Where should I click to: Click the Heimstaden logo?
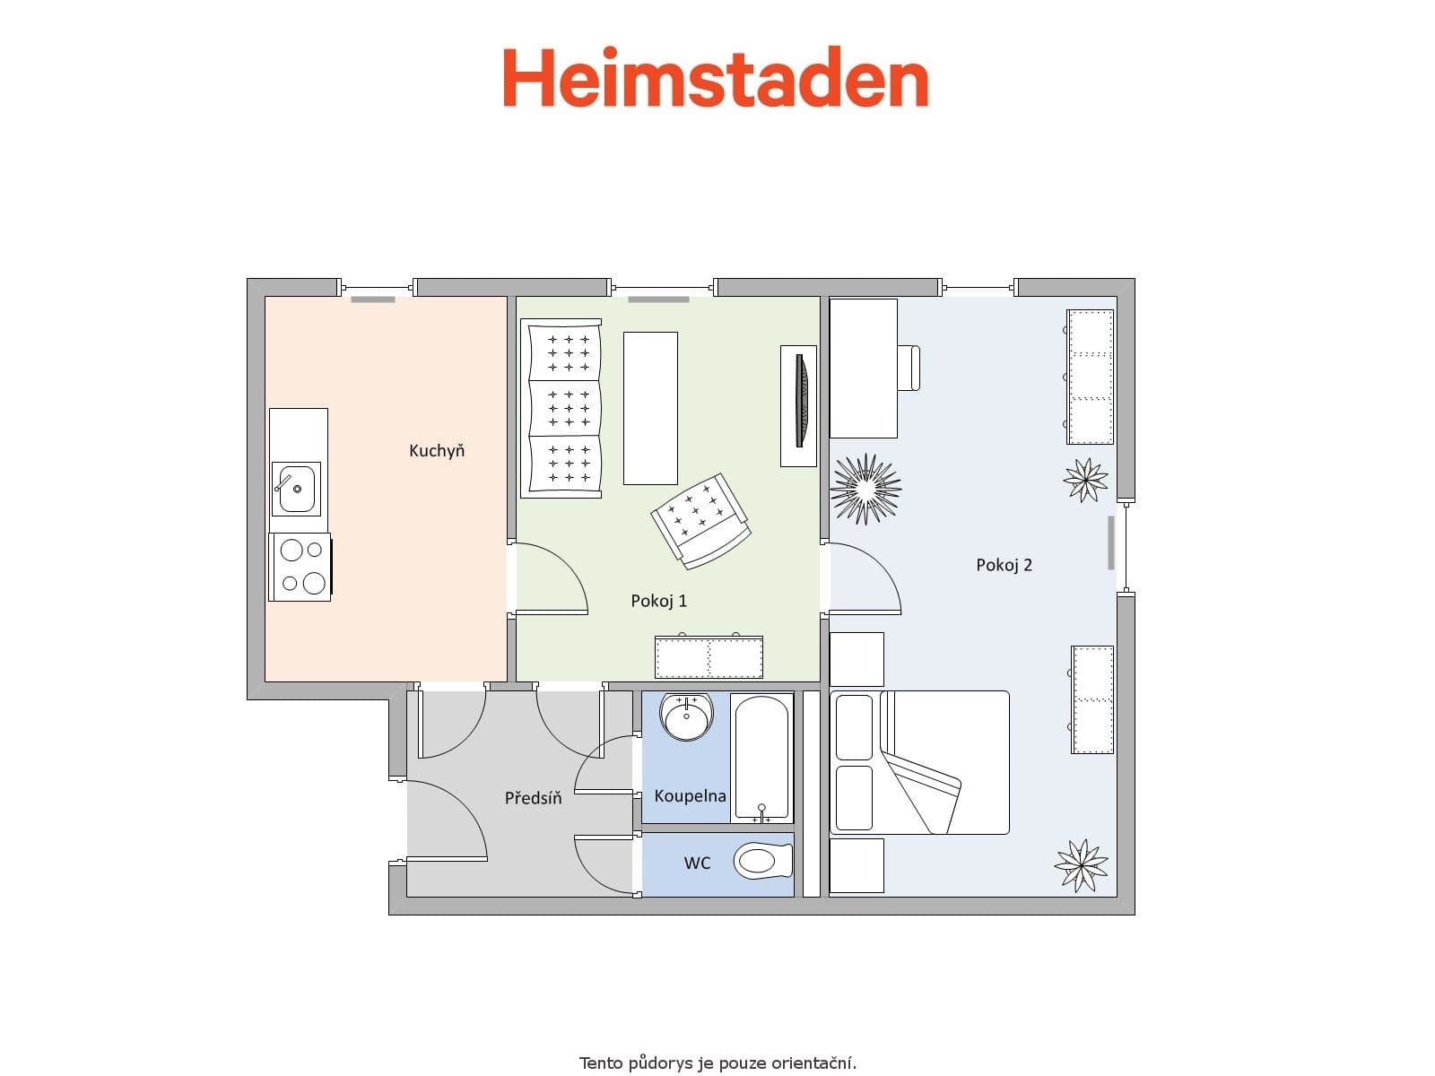click(x=715, y=78)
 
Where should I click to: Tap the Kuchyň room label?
click(x=437, y=451)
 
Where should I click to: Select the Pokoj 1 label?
click(x=658, y=601)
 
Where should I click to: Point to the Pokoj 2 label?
click(x=1004, y=565)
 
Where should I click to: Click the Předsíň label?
click(x=533, y=797)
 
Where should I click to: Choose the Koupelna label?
click(x=690, y=795)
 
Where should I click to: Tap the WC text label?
click(x=697, y=863)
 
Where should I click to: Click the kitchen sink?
click(x=295, y=489)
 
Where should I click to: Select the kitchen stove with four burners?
click(x=300, y=567)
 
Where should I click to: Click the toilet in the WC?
click(x=762, y=863)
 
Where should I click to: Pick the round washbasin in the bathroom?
click(x=687, y=716)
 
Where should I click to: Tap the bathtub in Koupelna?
click(x=761, y=758)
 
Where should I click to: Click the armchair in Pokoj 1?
click(x=700, y=520)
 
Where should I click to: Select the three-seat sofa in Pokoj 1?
click(x=562, y=408)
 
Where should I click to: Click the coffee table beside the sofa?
click(x=650, y=408)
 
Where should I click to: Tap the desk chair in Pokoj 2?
click(x=909, y=368)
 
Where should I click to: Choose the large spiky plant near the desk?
click(x=865, y=489)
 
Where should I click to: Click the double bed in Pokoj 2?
click(x=920, y=762)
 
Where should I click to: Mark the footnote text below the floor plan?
click(x=717, y=1063)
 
